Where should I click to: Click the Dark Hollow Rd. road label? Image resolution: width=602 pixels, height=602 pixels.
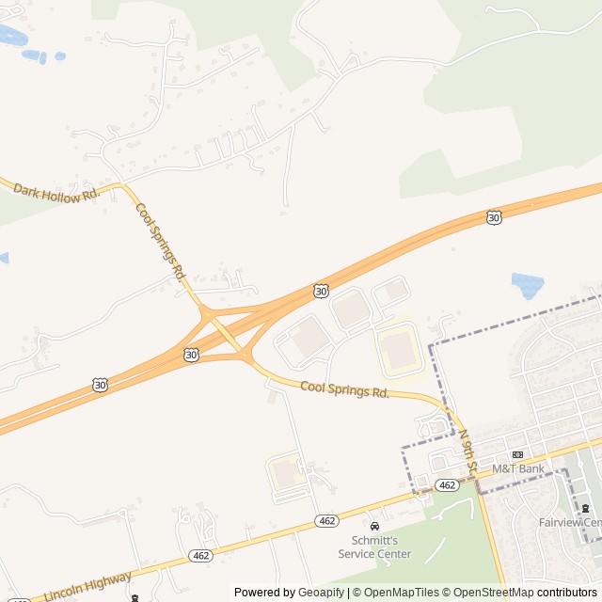click(55, 192)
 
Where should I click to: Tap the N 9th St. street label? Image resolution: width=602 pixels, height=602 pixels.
click(467, 451)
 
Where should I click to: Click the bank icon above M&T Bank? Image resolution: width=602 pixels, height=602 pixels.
click(517, 454)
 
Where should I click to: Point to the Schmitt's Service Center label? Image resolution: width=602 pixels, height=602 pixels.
click(374, 547)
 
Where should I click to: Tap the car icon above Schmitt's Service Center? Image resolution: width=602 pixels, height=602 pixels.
click(374, 526)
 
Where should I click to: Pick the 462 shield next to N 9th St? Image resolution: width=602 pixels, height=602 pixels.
click(448, 485)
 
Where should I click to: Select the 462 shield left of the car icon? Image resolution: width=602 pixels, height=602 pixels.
click(326, 521)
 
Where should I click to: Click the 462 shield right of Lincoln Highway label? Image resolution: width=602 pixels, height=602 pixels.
click(200, 556)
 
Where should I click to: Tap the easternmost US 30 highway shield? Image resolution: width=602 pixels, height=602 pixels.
click(494, 217)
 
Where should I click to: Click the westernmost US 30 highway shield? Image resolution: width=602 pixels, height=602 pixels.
click(100, 385)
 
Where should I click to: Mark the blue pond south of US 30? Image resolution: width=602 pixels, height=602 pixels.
click(526, 284)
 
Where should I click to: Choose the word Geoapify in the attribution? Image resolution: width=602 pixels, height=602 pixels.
click(322, 593)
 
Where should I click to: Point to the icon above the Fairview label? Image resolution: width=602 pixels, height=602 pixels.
click(586, 509)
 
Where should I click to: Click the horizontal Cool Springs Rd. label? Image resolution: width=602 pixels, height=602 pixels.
click(344, 389)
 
